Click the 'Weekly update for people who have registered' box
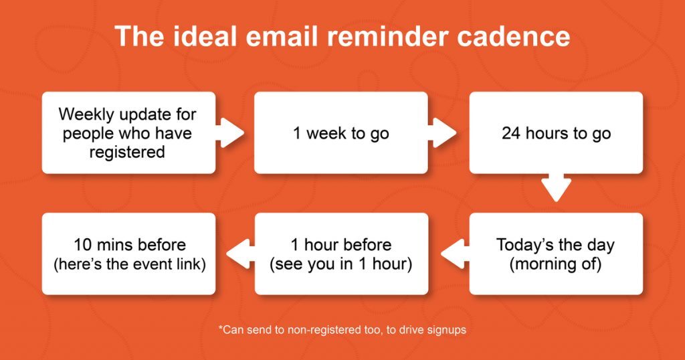point(128,133)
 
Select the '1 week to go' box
point(340,133)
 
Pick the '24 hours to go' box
point(556,133)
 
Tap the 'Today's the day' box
point(556,254)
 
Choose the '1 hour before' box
point(340,254)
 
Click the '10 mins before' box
point(128,254)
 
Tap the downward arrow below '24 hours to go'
point(556,188)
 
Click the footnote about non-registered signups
point(342,330)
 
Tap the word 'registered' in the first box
point(128,152)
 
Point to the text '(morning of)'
point(556,264)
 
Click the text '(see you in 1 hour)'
point(340,264)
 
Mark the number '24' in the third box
point(512,133)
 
